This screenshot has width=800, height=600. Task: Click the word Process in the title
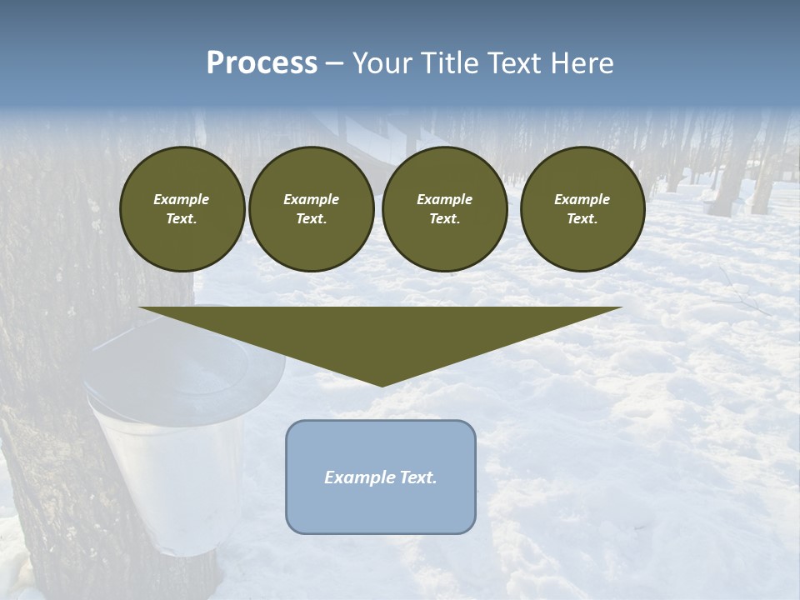pos(262,63)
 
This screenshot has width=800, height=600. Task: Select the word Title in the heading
pos(451,63)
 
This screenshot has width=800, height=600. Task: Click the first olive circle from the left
pos(182,209)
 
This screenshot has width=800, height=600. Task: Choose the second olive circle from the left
pos(312,209)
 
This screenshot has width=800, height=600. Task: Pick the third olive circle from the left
pos(444,209)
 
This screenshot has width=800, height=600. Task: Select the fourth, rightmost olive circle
pos(582,209)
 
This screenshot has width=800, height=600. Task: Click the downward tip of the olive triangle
pos(382,384)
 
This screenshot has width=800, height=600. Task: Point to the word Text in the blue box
pos(417,477)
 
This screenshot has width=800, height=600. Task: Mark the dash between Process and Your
pos(334,64)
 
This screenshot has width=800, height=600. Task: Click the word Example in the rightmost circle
pos(582,199)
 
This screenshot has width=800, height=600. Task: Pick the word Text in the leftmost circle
pos(182,219)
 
